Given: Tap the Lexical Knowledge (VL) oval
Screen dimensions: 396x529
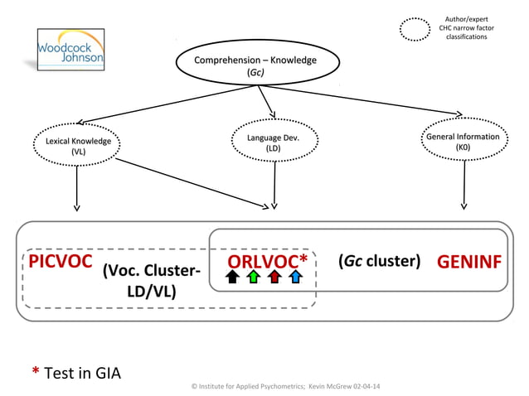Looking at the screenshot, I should (78, 147).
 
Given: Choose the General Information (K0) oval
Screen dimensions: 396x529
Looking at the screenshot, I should (462, 142).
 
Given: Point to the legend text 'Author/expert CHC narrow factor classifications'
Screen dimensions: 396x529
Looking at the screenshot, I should (467, 29).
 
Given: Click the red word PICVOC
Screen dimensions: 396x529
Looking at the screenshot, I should (60, 262).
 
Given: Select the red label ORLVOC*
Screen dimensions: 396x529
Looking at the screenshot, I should (268, 261).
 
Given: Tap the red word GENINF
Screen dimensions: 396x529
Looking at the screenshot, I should (468, 262).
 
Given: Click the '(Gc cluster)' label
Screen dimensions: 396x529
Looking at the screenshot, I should (380, 261).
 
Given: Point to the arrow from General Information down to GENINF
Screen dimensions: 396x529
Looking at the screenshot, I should (462, 186).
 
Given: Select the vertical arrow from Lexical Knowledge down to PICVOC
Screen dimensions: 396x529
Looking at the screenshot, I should (77, 190).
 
